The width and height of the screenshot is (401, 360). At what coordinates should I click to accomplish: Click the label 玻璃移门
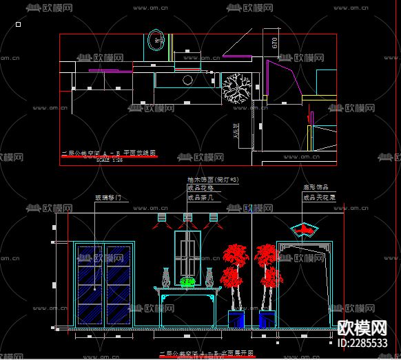click(107, 198)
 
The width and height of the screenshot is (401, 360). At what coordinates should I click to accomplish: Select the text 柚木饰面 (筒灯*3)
click(213, 180)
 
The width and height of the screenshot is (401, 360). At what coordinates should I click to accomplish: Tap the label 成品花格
click(200, 188)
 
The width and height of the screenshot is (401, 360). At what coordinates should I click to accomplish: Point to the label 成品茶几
click(200, 197)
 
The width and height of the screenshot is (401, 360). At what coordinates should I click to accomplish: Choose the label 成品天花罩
click(318, 197)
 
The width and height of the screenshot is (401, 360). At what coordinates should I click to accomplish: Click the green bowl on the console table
click(187, 282)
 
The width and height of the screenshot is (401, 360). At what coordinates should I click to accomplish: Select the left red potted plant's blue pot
click(237, 319)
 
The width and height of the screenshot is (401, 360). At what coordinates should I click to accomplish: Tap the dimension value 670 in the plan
click(275, 44)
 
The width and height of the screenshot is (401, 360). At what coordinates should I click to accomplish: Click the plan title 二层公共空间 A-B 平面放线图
click(110, 153)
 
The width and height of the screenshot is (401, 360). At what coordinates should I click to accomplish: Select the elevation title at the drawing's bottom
click(207, 352)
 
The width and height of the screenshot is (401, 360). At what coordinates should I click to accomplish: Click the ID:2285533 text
click(362, 343)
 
